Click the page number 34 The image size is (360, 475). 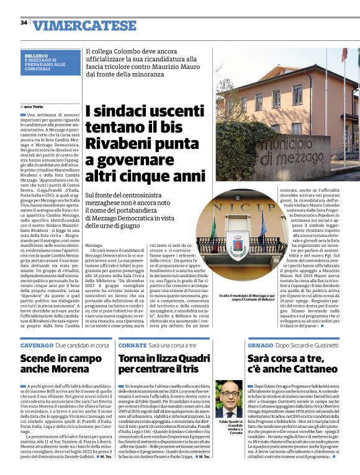(24, 23)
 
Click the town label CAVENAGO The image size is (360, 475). (36, 344)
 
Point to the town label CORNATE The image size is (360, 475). (132, 344)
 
